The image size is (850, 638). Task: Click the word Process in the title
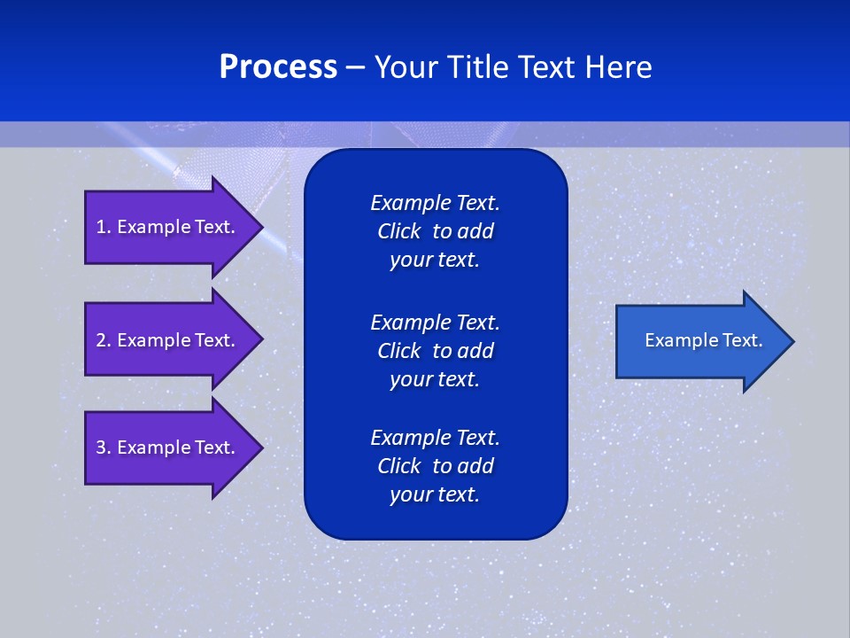tap(278, 67)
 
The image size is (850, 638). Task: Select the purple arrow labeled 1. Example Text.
tap(168, 227)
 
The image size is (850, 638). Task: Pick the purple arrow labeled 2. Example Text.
tap(168, 340)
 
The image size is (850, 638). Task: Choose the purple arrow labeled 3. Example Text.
tap(168, 447)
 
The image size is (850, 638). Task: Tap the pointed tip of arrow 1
tap(261, 227)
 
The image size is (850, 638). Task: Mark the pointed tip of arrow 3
tap(261, 447)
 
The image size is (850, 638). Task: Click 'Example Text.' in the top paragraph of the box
tap(435, 203)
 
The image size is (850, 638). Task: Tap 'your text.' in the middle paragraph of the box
tap(435, 379)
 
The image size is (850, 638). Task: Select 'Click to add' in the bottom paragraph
tap(435, 466)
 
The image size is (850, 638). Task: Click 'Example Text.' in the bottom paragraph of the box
tap(435, 438)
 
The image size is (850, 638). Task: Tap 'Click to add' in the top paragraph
tap(435, 231)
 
